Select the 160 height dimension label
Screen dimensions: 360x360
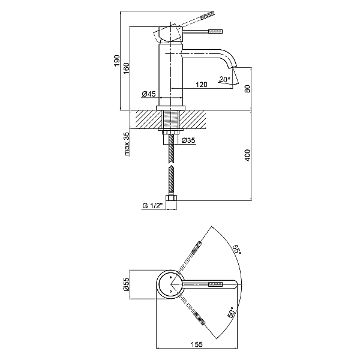135,69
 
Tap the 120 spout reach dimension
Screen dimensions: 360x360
202,85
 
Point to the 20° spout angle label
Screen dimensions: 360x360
224,79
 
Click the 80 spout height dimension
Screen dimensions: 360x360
247,89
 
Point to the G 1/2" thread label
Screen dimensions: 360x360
152,206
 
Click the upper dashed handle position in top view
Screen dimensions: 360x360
197,249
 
